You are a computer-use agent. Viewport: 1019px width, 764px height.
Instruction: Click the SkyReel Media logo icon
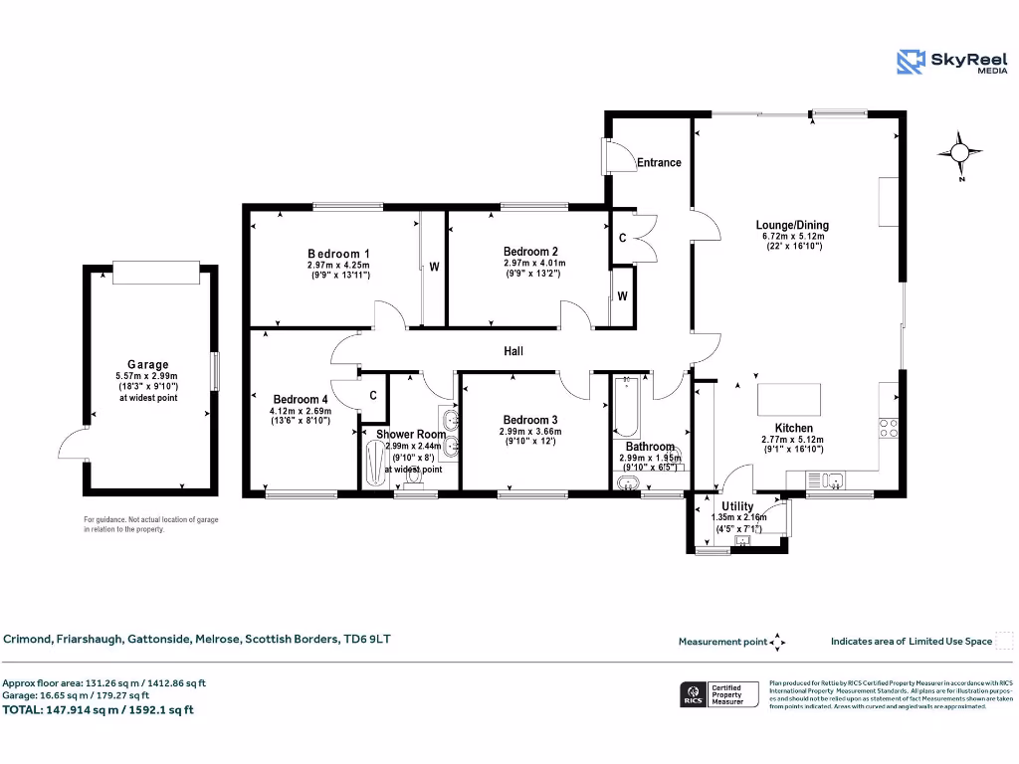[x=911, y=62]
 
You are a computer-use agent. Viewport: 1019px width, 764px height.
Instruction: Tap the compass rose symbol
[x=959, y=152]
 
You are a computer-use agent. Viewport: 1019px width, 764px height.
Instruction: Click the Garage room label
[x=147, y=365]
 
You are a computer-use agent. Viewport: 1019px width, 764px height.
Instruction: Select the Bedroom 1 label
[x=338, y=254]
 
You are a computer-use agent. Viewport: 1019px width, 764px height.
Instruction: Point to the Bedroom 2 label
[x=530, y=252]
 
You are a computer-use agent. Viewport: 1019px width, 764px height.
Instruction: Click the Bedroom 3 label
[x=529, y=420]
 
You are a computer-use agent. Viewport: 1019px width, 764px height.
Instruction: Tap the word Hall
[x=513, y=351]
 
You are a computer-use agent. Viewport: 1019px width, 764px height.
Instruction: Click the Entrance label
[x=659, y=162]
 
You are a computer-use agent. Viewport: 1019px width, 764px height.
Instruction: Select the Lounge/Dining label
[x=792, y=225]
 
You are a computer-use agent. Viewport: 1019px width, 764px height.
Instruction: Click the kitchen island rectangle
[x=786, y=400]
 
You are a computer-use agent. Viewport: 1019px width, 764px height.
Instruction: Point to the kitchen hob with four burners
[x=889, y=428]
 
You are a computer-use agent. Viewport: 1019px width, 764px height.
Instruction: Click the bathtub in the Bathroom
[x=626, y=407]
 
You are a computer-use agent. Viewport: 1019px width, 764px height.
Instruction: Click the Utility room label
[x=737, y=506]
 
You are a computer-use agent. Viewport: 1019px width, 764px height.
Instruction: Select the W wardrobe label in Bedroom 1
[x=435, y=268]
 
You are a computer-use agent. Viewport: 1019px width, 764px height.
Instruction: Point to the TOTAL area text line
[x=99, y=709]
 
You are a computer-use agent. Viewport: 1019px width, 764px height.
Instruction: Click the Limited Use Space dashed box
[x=1004, y=641]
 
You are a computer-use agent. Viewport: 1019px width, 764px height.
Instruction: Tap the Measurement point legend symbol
[x=779, y=642]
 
